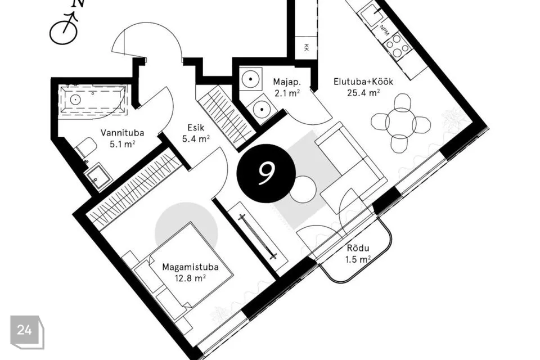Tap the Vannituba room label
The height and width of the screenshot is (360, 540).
click(122, 133)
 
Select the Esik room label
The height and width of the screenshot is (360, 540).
click(196, 128)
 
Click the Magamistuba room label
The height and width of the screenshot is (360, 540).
click(190, 267)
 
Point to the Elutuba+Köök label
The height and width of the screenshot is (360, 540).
click(363, 82)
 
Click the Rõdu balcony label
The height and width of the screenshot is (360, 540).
click(358, 248)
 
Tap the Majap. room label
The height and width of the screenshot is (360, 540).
click(287, 82)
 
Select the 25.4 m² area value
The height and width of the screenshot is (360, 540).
click(363, 93)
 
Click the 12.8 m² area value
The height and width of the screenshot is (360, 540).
click(191, 278)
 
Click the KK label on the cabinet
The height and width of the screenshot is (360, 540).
click(306, 48)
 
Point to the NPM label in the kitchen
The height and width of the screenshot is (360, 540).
click(385, 30)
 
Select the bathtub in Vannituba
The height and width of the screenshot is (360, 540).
click(93, 100)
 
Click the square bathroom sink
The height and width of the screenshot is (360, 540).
click(98, 177)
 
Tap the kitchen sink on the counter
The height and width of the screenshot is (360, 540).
click(371, 14)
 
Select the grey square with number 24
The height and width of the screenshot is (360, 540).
click(26, 332)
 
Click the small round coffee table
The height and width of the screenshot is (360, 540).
click(303, 189)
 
